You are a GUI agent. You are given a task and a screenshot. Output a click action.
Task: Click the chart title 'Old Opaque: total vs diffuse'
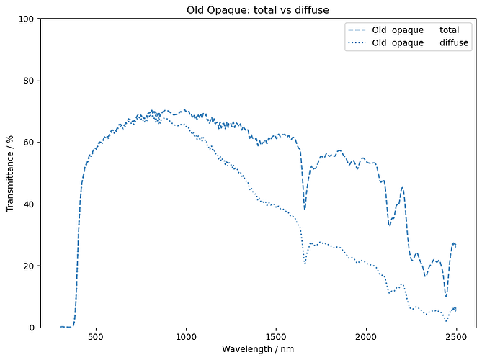coord(258,9)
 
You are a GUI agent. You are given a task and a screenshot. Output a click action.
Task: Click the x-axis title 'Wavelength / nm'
coord(258,349)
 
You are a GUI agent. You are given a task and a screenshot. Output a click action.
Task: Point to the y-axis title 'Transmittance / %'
coord(10,173)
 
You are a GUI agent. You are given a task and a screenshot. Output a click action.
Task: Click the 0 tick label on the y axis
coord(31,328)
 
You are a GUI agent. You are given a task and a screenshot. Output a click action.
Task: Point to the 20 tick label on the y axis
coord(29,266)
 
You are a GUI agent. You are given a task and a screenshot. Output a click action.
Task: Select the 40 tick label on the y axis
coord(29,204)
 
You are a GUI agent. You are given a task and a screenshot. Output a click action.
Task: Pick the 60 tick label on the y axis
coord(29,143)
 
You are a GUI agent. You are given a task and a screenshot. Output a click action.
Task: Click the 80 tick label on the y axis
coord(29,81)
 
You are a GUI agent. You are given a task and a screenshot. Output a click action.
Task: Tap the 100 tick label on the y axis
coord(26,19)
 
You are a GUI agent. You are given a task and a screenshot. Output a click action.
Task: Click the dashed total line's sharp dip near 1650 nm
coord(305,210)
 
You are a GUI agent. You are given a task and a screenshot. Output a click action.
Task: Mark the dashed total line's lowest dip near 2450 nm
coord(446,297)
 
